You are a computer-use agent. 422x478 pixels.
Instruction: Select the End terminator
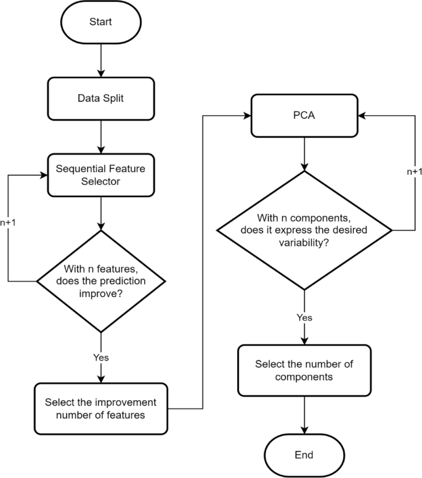(304, 455)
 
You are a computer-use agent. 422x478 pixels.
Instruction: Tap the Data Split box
(100, 98)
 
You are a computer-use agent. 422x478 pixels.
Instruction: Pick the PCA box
(304, 115)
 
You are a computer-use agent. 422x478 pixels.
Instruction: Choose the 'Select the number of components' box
(304, 370)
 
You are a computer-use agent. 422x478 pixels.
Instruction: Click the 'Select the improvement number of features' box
(100, 408)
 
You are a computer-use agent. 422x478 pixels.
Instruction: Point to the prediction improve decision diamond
(100, 282)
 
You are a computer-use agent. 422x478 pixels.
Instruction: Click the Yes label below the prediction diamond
(100, 357)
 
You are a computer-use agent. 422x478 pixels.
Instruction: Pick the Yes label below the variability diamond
(304, 317)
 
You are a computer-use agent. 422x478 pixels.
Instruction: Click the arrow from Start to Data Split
(100, 60)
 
